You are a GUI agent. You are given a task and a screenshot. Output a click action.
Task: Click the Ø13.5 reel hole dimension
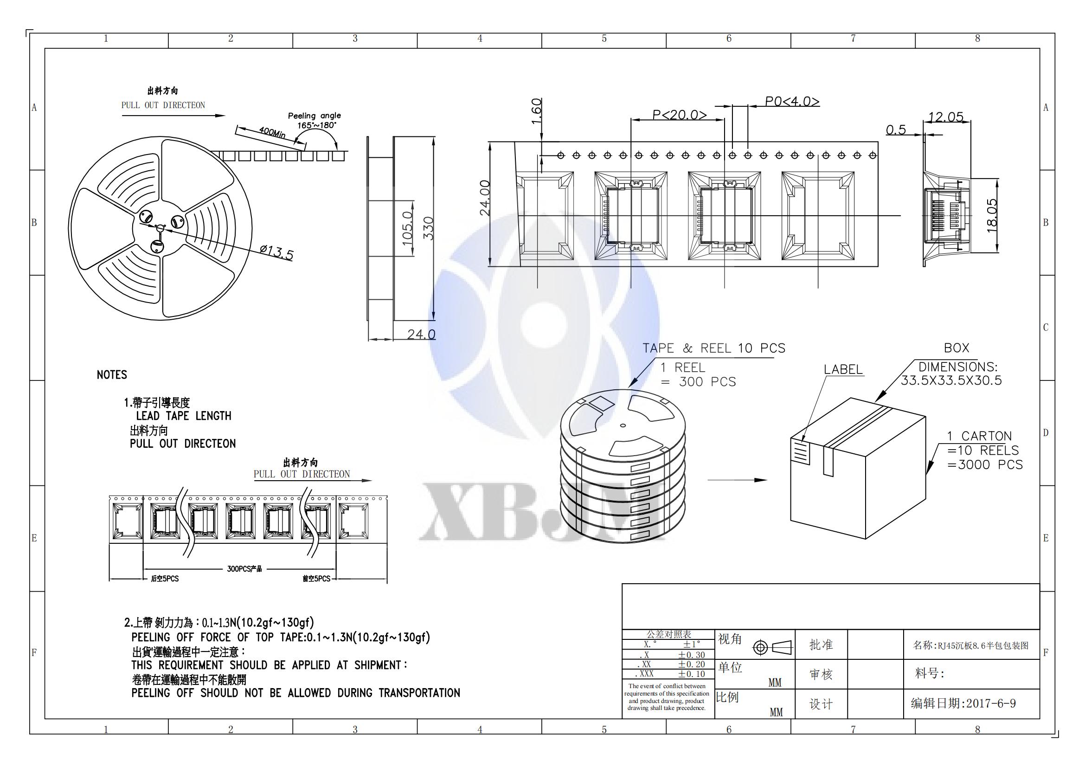click(x=276, y=253)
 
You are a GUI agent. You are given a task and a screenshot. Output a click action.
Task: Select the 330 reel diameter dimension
click(x=428, y=228)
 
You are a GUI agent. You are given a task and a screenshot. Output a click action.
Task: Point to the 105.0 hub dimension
click(x=407, y=228)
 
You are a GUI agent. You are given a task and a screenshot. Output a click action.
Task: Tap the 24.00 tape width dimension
click(x=485, y=198)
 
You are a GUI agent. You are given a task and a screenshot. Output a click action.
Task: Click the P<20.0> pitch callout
click(x=680, y=115)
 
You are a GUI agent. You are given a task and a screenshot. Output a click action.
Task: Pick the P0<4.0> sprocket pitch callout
click(x=792, y=102)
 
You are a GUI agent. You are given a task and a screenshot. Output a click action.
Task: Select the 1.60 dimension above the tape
click(x=536, y=111)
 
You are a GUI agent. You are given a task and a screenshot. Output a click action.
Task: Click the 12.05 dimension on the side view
click(x=945, y=117)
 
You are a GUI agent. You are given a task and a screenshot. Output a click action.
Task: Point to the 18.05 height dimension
click(x=992, y=215)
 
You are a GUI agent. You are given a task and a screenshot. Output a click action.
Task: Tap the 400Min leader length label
click(x=272, y=132)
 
